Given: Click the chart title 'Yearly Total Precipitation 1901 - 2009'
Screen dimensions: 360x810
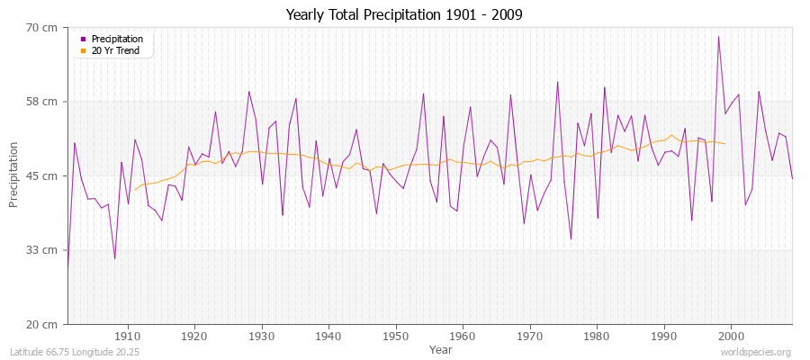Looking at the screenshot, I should tap(404, 15).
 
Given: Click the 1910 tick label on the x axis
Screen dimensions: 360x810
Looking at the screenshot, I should tap(128, 336).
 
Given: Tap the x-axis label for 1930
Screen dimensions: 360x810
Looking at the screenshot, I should tap(262, 336).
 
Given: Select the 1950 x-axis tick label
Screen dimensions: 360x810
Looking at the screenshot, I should tap(396, 336).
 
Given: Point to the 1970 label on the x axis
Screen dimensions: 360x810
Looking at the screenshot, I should tap(530, 336).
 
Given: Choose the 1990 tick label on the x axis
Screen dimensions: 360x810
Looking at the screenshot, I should tap(664, 336).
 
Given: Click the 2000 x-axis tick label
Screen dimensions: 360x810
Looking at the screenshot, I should tap(731, 336).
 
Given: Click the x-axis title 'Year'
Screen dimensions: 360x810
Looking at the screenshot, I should tap(441, 349).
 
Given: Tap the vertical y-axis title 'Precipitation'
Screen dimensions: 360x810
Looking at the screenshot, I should tap(14, 175).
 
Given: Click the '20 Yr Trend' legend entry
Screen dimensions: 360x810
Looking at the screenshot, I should tap(116, 50).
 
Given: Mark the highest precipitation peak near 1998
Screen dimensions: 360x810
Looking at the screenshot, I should tap(718, 37).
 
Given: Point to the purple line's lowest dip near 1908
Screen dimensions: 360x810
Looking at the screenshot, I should tap(114, 259).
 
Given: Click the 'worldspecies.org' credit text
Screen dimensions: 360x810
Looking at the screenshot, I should tap(756, 352).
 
